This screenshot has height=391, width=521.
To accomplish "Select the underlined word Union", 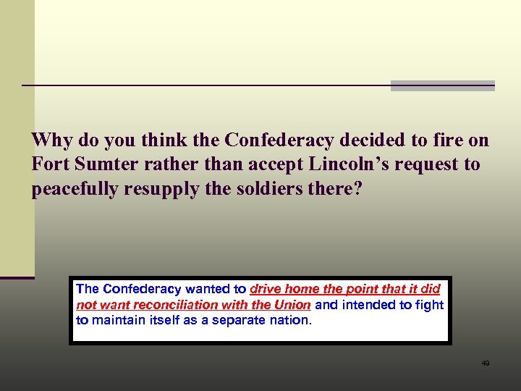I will (x=292, y=305).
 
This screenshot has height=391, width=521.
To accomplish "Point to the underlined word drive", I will (x=266, y=289).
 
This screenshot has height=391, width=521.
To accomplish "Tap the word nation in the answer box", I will (x=289, y=319).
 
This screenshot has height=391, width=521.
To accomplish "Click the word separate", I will (x=237, y=319).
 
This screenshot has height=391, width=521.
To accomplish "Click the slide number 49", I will (x=485, y=363).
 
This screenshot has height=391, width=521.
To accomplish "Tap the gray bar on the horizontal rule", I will (x=443, y=85).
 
